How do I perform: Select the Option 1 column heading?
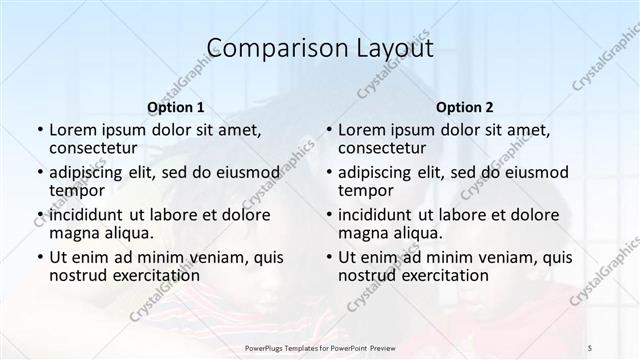(176, 107)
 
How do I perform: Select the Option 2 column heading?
(465, 107)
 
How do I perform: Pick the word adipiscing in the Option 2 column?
(376, 172)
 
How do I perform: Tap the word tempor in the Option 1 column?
(76, 190)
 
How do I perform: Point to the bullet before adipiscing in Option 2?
(329, 172)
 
